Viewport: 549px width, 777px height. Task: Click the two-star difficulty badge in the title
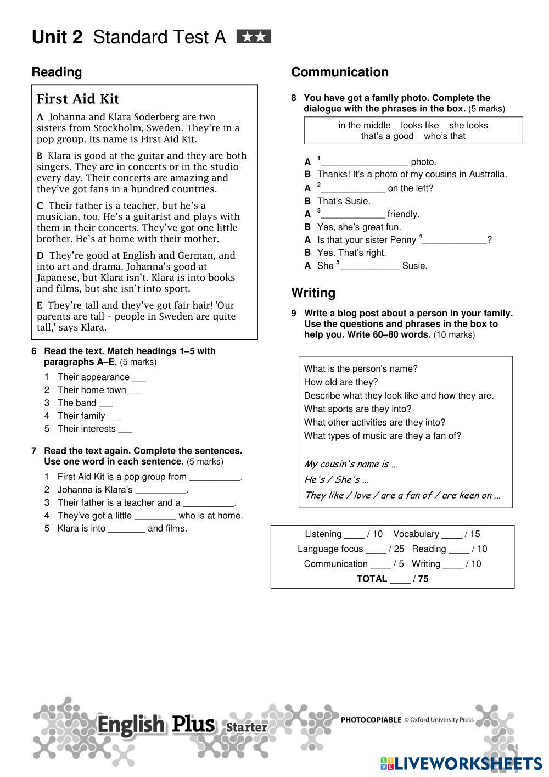(x=254, y=37)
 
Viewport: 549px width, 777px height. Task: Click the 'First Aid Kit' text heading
(x=77, y=99)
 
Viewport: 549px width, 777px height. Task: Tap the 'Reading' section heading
(x=57, y=72)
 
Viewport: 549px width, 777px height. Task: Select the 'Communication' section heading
(x=339, y=72)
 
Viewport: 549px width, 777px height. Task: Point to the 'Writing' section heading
(x=313, y=293)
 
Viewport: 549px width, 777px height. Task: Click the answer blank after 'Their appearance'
(x=139, y=378)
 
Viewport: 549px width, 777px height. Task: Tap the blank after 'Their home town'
(x=136, y=391)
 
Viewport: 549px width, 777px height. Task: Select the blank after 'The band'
(x=105, y=404)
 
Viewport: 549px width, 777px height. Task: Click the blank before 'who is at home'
(x=155, y=516)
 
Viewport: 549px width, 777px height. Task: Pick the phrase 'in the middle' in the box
(x=365, y=125)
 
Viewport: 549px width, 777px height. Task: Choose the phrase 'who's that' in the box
(x=444, y=136)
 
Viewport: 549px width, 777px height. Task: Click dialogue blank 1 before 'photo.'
(x=365, y=163)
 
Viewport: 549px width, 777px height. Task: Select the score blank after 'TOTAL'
(x=400, y=580)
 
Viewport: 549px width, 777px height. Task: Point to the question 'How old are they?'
(x=340, y=382)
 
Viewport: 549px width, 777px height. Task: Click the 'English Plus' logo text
(x=156, y=725)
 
